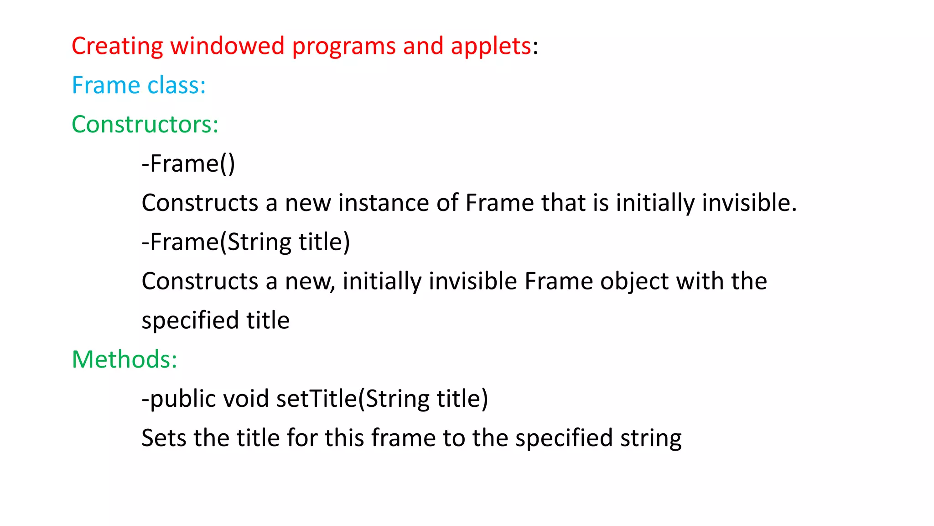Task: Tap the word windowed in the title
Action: coord(228,46)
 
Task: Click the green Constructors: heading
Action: coord(145,124)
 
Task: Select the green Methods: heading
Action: coord(125,359)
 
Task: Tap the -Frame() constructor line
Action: coord(188,163)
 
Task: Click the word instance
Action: coord(383,203)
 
